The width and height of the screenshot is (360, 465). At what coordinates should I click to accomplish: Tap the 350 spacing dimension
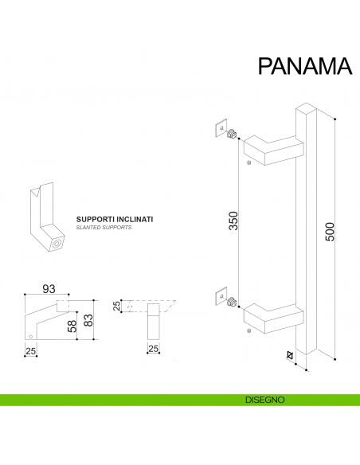click(233, 221)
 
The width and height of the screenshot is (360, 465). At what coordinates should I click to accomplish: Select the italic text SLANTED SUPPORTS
click(104, 227)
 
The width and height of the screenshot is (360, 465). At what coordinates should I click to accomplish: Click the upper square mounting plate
click(221, 130)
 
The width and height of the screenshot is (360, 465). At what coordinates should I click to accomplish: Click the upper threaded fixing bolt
click(233, 135)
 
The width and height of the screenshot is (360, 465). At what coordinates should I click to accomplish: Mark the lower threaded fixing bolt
click(233, 303)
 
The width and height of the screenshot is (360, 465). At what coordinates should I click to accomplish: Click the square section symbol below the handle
click(291, 355)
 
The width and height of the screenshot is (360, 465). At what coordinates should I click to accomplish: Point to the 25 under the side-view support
click(30, 350)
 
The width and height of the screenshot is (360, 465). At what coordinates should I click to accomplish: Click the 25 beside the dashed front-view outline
click(117, 307)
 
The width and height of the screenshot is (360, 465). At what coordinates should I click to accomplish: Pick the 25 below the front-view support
click(153, 350)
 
